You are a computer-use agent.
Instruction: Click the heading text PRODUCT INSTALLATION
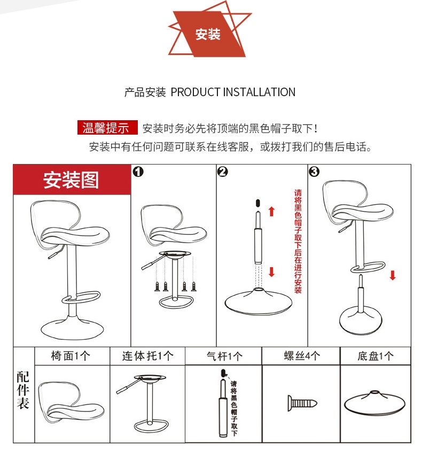(232, 92)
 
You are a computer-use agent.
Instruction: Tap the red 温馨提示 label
(106, 128)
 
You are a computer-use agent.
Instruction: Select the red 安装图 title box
(72, 180)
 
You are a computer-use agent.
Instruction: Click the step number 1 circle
(138, 172)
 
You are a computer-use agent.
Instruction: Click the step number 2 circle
(223, 172)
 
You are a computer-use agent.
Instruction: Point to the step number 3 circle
(314, 172)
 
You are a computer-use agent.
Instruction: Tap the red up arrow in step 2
(271, 211)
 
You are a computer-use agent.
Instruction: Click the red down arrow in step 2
(271, 272)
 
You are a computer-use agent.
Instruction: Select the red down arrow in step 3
(393, 275)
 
